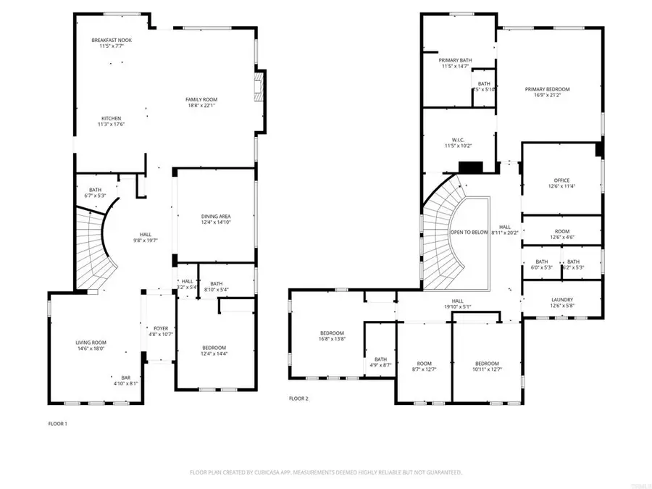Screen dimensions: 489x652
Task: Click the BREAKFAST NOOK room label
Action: (x=111, y=40)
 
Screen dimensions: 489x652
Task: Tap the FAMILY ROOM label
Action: (x=201, y=99)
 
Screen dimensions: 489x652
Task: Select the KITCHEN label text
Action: (x=111, y=118)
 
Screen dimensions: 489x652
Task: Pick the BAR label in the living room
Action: (x=125, y=377)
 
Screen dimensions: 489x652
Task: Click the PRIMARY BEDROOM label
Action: (x=547, y=89)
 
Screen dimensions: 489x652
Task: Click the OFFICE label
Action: (x=561, y=180)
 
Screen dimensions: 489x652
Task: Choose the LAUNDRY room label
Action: (x=561, y=299)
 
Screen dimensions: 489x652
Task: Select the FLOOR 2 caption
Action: (x=298, y=398)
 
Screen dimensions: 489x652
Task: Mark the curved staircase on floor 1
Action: (x=93, y=250)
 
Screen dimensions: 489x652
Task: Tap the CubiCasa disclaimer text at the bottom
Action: (x=326, y=472)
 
